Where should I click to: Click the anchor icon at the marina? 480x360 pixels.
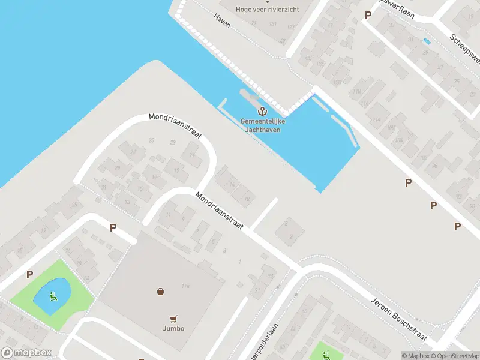[x=262, y=111]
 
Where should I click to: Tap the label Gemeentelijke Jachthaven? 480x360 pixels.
[x=263, y=125]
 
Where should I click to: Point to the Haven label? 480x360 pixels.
[x=222, y=17]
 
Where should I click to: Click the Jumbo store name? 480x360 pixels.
[x=173, y=328]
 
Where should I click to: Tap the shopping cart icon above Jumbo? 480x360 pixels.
[x=173, y=319]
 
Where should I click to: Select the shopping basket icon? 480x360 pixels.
[x=161, y=292]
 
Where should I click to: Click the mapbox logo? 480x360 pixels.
[x=26, y=353]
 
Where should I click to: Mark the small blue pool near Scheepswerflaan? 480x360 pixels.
[x=427, y=41]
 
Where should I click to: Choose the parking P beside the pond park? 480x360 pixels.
[x=29, y=275]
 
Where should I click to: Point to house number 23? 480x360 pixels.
[x=173, y=143]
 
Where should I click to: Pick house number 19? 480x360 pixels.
[x=176, y=170]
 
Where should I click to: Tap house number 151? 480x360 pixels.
[x=273, y=24]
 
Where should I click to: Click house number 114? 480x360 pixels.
[x=376, y=119]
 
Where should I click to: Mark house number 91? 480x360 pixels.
[x=257, y=289]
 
